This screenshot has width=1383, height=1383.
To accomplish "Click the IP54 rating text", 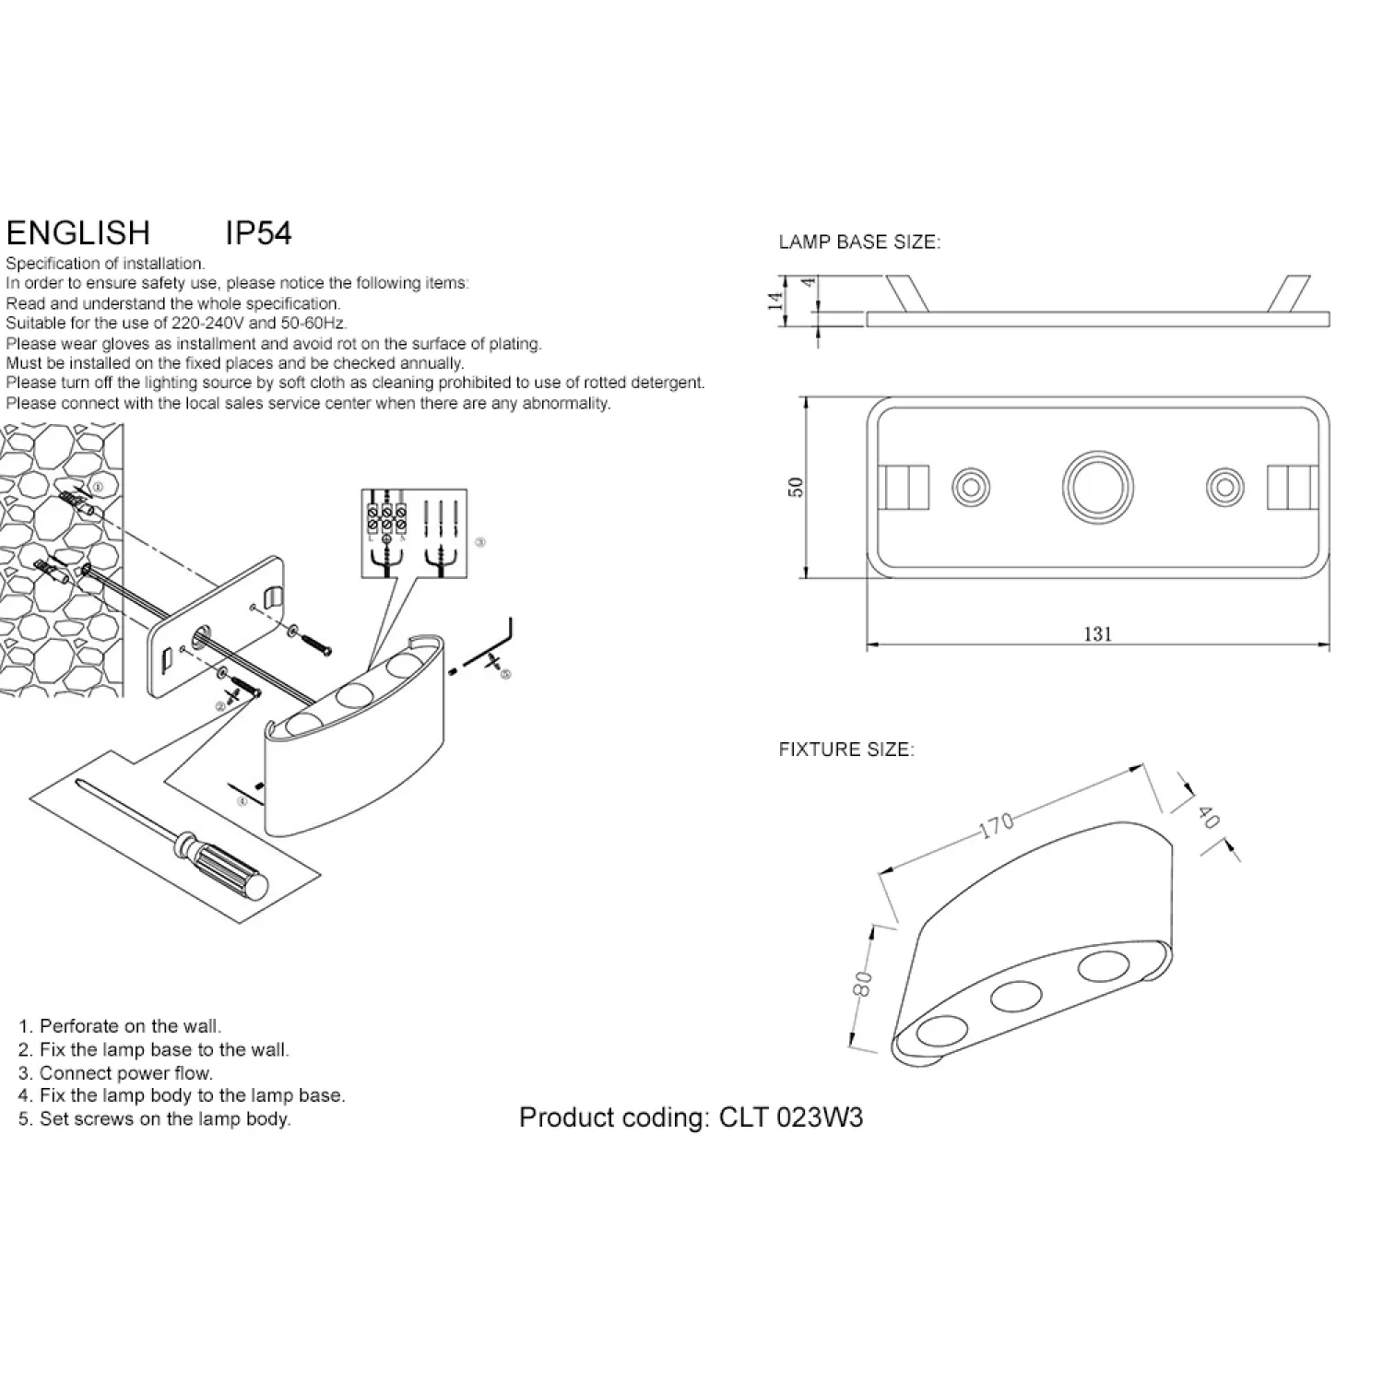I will click(x=258, y=233).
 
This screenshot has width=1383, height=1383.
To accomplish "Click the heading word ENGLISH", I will click(x=77, y=233).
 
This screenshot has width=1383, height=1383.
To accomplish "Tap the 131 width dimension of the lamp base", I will click(x=1097, y=633).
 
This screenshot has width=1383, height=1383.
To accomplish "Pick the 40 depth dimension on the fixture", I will click(x=1208, y=817).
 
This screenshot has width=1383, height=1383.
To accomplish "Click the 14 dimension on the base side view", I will click(x=777, y=300).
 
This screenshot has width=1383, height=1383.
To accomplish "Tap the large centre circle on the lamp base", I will click(x=1097, y=486).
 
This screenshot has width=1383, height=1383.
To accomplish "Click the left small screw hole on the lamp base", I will click(x=970, y=486).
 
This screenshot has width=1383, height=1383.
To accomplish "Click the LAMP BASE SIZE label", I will click(x=859, y=242).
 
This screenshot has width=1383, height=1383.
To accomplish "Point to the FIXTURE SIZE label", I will click(x=846, y=750).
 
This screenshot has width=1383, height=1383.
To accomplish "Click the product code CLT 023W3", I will click(x=790, y=1117).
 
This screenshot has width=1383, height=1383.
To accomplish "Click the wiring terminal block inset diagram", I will click(x=414, y=534).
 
